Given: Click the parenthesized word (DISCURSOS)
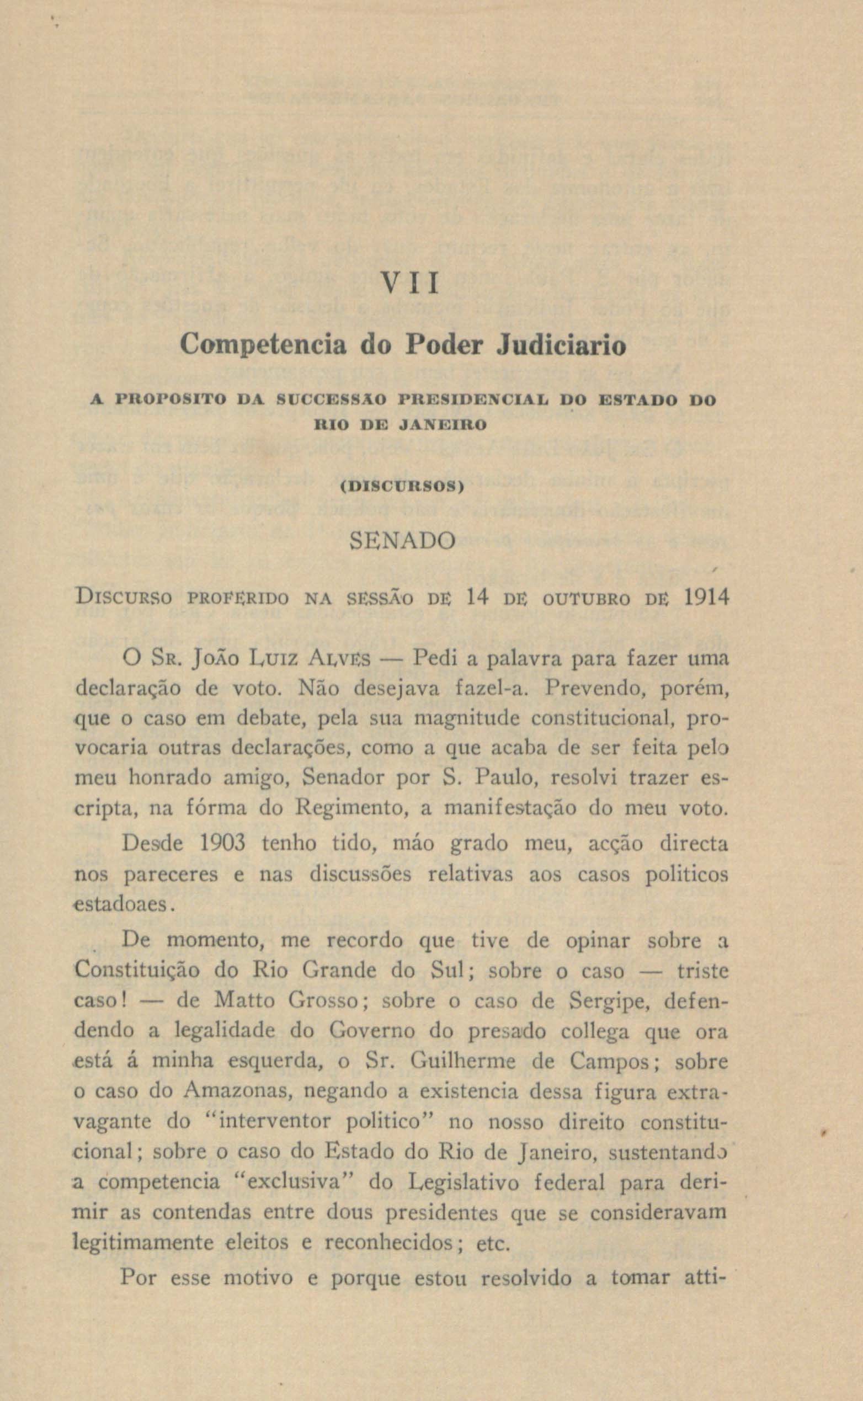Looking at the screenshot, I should (403, 487).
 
